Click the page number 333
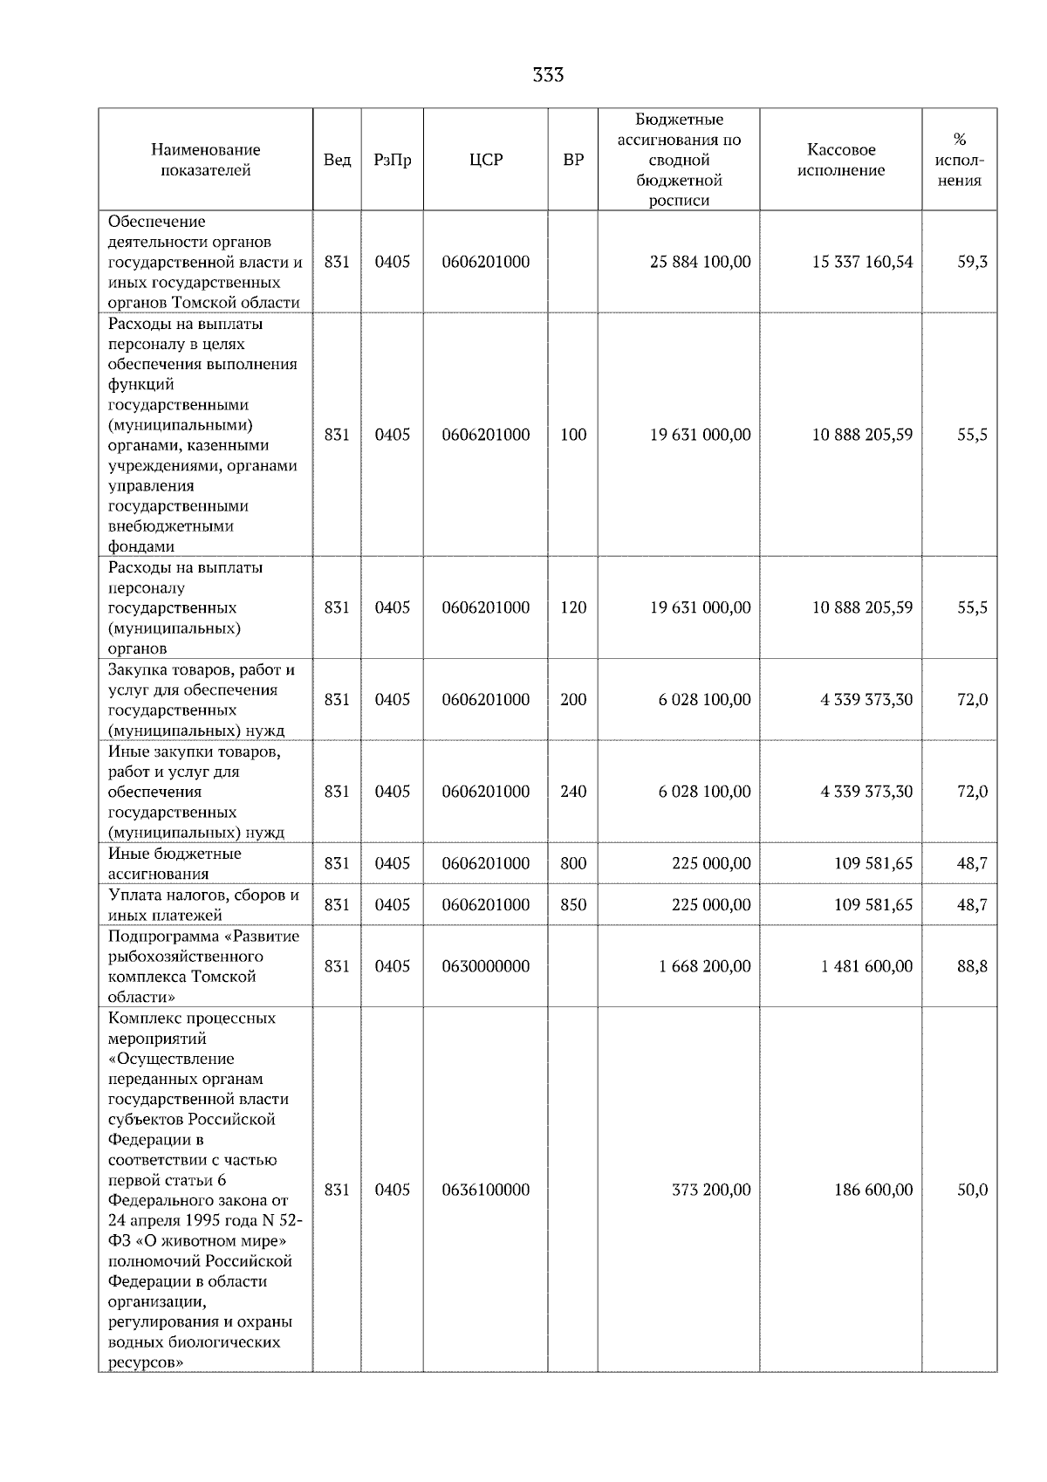(x=548, y=75)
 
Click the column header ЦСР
(x=485, y=160)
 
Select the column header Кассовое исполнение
(x=840, y=160)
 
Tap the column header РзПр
(x=392, y=160)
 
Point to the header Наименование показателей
(x=205, y=160)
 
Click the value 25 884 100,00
(x=700, y=262)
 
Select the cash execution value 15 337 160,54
(x=862, y=262)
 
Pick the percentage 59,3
(x=972, y=262)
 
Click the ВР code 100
(x=573, y=435)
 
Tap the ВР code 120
(x=573, y=607)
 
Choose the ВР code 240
(x=573, y=792)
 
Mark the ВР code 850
(x=573, y=905)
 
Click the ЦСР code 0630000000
(x=485, y=966)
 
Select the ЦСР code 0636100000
(x=485, y=1190)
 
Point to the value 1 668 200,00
(x=704, y=966)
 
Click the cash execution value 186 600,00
(x=872, y=1190)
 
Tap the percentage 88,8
(x=972, y=966)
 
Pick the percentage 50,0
(x=972, y=1190)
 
